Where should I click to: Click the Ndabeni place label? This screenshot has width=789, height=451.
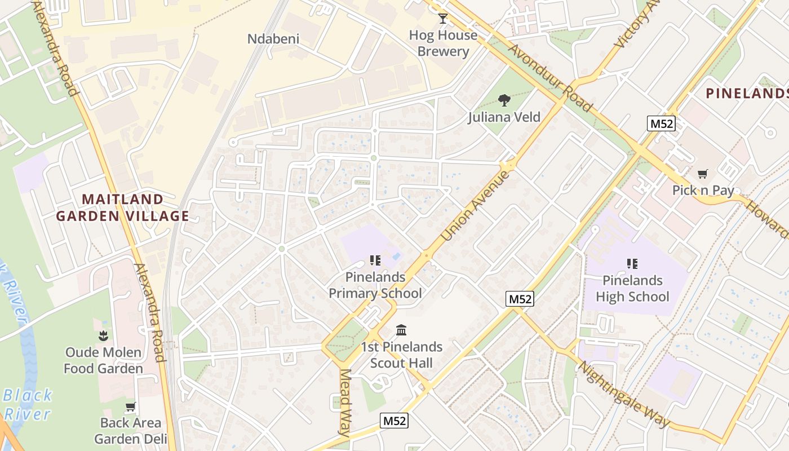(x=273, y=39)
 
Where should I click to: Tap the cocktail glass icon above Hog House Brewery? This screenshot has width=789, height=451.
(x=443, y=19)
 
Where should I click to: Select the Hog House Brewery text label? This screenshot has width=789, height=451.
(x=443, y=43)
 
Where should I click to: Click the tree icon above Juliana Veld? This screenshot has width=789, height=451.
(x=504, y=100)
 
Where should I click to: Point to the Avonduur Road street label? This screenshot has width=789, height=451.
(x=551, y=78)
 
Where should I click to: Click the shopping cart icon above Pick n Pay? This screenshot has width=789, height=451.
(x=702, y=174)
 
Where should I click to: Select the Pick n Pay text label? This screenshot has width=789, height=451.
(x=703, y=191)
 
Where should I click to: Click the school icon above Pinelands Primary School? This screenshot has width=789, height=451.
(x=375, y=260)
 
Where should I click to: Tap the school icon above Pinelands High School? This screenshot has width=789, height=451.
(x=632, y=263)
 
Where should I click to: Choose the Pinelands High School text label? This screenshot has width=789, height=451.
(x=632, y=289)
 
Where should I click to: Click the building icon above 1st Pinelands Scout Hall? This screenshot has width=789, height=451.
(x=401, y=330)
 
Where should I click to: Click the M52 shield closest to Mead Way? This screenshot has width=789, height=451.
(x=394, y=421)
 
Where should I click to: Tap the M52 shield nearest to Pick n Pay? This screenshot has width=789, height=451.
(x=661, y=123)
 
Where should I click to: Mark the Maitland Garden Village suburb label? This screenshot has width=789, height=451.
(x=122, y=207)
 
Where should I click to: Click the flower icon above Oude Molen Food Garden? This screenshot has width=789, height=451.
(x=103, y=336)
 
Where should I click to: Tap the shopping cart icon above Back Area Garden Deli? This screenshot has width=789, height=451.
(x=131, y=406)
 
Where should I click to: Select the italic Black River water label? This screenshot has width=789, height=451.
(x=27, y=404)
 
